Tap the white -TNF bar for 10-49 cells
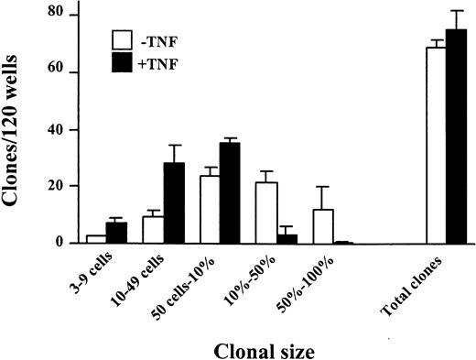pyautogui.click(x=153, y=230)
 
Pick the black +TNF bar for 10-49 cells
pyautogui.click(x=174, y=203)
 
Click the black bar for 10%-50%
pyautogui.click(x=287, y=239)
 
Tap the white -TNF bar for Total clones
pyautogui.click(x=437, y=146)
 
